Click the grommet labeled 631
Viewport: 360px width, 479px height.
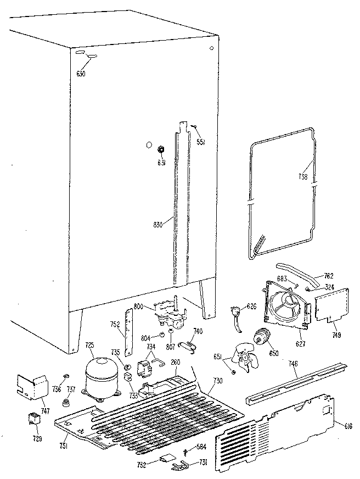pyautogui.click(x=162, y=149)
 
